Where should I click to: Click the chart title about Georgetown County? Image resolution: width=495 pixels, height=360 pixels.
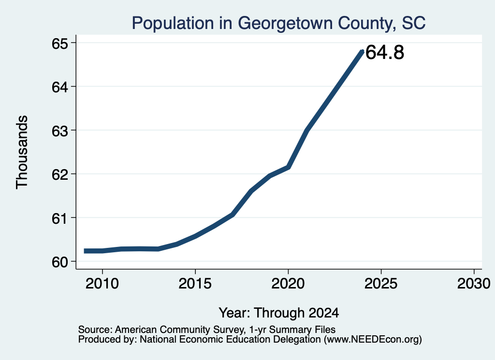pyautogui.click(x=278, y=23)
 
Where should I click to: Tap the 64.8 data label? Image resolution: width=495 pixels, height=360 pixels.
pyautogui.click(x=385, y=52)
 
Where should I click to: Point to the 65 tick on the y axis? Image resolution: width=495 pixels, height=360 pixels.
pyautogui.click(x=60, y=43)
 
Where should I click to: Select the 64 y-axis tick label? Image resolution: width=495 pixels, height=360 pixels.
pyautogui.click(x=60, y=87)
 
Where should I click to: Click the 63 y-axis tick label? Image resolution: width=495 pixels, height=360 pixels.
pyautogui.click(x=60, y=130)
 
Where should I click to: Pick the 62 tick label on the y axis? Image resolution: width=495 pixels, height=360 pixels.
pyautogui.click(x=60, y=174)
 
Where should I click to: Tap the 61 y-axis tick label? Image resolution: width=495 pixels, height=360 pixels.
pyautogui.click(x=60, y=218)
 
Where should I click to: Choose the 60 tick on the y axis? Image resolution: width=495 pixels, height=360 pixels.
pyautogui.click(x=60, y=261)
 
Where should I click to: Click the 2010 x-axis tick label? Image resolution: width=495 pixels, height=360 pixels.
pyautogui.click(x=102, y=283)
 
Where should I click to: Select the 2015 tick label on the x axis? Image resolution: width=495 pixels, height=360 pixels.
pyautogui.click(x=195, y=283)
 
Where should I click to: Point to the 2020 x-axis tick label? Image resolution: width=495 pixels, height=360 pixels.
pyautogui.click(x=288, y=283)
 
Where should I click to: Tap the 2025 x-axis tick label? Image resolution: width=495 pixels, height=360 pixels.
pyautogui.click(x=381, y=283)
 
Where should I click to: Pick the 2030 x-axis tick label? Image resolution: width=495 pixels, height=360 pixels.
pyautogui.click(x=474, y=283)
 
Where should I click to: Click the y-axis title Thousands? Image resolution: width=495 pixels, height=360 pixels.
pyautogui.click(x=22, y=152)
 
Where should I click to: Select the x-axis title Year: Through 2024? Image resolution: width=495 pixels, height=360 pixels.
pyautogui.click(x=279, y=313)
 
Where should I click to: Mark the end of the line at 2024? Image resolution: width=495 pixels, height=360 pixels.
pyautogui.click(x=362, y=51)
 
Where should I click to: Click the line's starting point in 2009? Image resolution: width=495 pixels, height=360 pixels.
pyautogui.click(x=84, y=251)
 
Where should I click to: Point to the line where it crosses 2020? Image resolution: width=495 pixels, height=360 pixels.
pyautogui.click(x=288, y=167)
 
